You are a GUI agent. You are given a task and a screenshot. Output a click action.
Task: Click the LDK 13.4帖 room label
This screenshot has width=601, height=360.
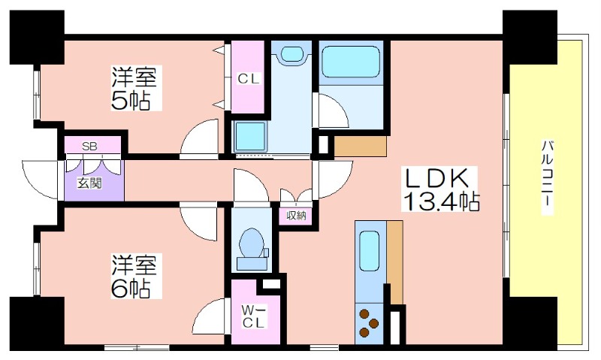click(x=440, y=189)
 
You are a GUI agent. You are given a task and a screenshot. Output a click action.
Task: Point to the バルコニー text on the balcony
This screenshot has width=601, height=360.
click(x=548, y=178)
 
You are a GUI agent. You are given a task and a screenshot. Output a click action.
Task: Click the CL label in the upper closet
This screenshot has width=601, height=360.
click(x=249, y=79)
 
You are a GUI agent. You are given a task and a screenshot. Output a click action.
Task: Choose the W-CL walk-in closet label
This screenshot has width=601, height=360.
click(x=254, y=316)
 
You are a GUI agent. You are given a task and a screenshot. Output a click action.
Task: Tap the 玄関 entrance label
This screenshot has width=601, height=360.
click(x=89, y=183)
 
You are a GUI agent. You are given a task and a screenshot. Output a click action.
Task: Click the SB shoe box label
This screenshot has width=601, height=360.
click(x=89, y=146)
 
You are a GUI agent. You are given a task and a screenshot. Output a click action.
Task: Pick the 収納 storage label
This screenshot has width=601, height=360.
click(x=296, y=216)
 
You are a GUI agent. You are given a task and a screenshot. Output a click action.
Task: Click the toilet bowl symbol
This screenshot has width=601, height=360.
click(x=252, y=244)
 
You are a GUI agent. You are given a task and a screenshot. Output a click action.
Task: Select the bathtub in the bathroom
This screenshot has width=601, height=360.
click(x=351, y=62)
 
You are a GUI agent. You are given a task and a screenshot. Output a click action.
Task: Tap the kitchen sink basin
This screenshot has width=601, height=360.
click(x=370, y=251)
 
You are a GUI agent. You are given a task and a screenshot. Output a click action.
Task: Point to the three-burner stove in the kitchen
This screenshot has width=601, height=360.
click(x=369, y=324)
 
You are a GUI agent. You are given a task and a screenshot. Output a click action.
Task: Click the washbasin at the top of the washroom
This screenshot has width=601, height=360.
click(x=293, y=53)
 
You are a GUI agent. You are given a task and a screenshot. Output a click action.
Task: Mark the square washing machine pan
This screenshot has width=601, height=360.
click(x=249, y=137)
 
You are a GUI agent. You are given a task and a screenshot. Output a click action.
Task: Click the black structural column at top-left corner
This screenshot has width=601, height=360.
click(x=37, y=37)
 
